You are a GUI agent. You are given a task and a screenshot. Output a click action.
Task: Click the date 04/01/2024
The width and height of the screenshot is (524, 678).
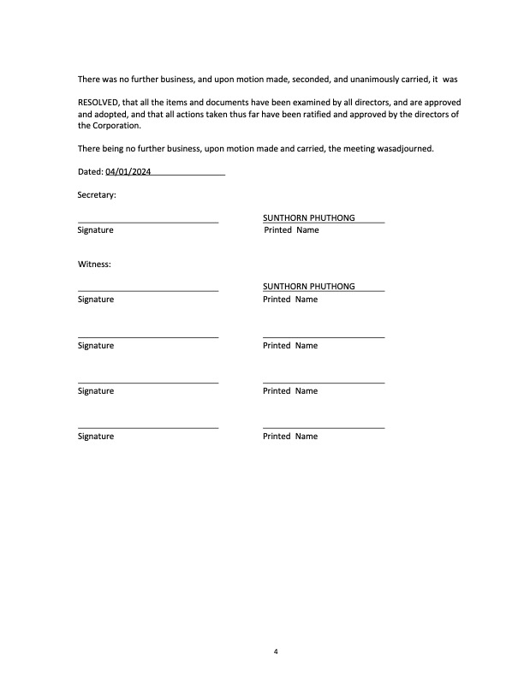click(128, 172)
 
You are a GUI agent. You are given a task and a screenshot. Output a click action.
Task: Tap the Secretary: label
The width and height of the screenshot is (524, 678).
click(97, 195)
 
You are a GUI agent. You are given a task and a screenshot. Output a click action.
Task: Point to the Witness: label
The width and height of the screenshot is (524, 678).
click(94, 265)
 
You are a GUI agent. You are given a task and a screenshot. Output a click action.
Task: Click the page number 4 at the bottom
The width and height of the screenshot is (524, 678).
click(276, 651)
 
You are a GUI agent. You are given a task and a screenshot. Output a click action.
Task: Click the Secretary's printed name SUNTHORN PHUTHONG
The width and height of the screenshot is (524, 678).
click(308, 218)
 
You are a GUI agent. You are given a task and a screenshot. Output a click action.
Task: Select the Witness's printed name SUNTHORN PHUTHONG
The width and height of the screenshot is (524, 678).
click(308, 287)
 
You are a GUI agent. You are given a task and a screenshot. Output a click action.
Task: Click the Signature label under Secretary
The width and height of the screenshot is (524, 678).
click(96, 230)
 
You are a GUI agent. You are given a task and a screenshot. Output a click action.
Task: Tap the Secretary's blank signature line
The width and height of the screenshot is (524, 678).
click(147, 222)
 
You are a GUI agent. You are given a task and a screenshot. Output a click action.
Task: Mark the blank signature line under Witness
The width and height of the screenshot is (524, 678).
click(147, 291)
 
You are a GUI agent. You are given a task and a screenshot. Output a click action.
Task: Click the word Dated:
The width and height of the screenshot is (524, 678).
click(90, 172)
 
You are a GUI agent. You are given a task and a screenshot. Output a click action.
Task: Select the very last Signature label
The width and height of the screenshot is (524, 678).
click(96, 437)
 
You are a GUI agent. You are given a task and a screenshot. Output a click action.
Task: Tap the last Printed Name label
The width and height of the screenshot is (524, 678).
click(290, 437)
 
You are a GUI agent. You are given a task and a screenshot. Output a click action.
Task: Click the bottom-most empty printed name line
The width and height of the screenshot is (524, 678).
click(324, 427)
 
